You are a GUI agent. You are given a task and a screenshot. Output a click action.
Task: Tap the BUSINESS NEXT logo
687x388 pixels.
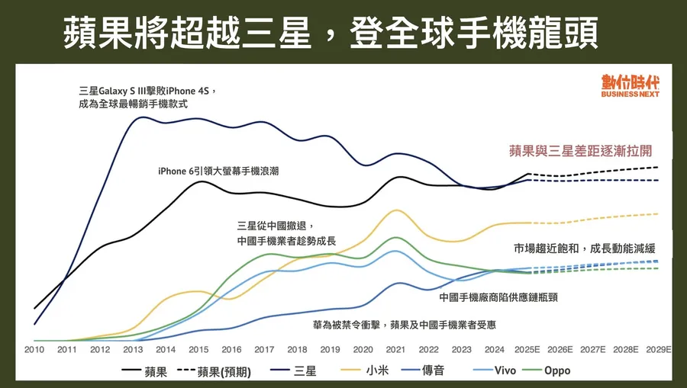click(630, 86)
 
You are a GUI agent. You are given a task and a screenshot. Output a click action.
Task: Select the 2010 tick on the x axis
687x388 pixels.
click(34, 349)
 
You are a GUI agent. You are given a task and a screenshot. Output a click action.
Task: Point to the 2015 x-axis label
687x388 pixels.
click(198, 349)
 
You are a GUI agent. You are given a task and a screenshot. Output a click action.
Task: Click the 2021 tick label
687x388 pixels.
click(395, 349)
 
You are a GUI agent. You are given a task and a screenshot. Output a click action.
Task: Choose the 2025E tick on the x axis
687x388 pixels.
click(528, 349)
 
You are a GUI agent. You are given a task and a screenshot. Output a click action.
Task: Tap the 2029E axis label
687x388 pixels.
click(659, 349)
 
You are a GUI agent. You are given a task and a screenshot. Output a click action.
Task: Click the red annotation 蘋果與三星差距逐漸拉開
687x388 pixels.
click(581, 150)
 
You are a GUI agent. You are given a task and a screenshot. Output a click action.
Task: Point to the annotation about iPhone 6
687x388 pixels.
click(218, 172)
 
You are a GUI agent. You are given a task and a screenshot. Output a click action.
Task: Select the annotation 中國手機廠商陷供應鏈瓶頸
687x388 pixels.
click(498, 297)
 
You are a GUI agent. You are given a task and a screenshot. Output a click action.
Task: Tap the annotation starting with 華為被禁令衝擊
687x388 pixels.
click(405, 325)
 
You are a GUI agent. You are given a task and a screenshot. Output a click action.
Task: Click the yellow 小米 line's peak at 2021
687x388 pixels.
click(395, 210)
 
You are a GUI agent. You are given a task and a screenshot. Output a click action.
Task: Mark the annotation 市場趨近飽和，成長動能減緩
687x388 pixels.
click(585, 249)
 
